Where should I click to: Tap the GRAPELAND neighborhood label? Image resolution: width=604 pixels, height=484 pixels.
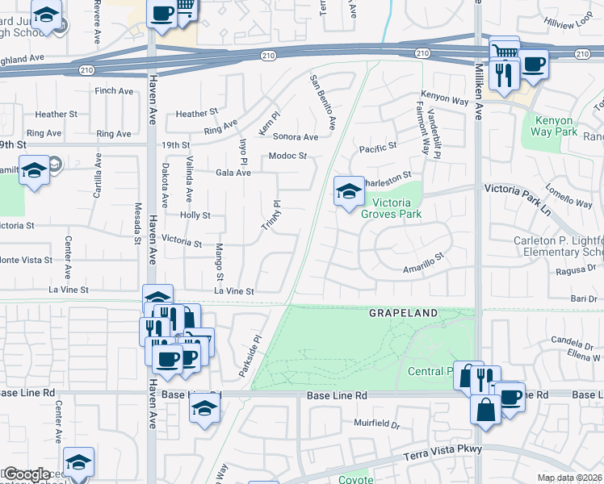tap(404, 312)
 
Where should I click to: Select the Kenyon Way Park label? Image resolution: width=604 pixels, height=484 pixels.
tap(556, 126)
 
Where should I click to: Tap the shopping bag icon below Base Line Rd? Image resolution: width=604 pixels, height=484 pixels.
tap(487, 409)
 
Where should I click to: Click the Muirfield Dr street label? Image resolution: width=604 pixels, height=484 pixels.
tap(377, 423)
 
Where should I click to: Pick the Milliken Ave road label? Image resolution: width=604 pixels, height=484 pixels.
tap(478, 93)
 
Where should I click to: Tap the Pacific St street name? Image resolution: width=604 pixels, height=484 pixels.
tap(379, 148)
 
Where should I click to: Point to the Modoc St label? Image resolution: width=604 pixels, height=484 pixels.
tap(288, 156)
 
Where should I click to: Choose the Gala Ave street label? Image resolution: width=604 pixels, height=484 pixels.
tap(233, 173)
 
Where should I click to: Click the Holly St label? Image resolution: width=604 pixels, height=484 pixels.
tap(195, 215)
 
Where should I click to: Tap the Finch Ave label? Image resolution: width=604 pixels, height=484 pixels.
tap(114, 91)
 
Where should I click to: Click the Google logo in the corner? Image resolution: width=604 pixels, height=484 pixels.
tap(27, 474)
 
